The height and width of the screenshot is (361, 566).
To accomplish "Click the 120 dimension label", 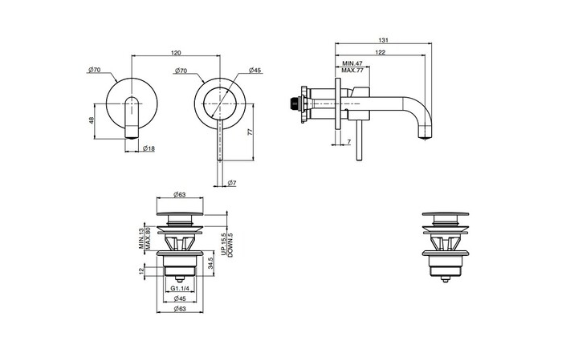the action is (x=176, y=53).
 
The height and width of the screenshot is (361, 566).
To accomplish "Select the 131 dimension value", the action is (x=383, y=40).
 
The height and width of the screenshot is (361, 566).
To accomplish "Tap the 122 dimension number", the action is (x=380, y=52).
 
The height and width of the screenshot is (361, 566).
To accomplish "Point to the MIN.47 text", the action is (x=352, y=63).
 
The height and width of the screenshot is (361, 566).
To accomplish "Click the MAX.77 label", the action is (x=352, y=71).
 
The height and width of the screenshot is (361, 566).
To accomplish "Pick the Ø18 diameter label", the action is (x=149, y=148).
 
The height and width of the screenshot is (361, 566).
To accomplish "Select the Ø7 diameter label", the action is (x=232, y=183).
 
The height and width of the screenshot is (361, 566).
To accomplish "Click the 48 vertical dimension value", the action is (x=92, y=120).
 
